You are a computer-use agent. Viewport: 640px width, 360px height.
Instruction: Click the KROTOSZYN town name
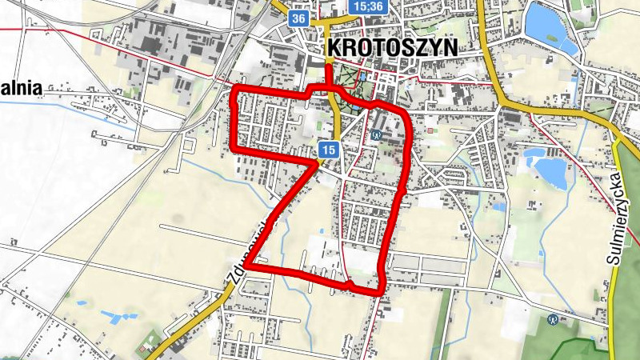pyautogui.click(x=392, y=48)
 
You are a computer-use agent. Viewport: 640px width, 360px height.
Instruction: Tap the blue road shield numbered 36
pyautogui.click(x=298, y=18)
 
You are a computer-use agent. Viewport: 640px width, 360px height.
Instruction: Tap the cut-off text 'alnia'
pyautogui.click(x=21, y=88)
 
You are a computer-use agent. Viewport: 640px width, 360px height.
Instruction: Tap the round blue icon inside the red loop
pyautogui.click(x=374, y=135)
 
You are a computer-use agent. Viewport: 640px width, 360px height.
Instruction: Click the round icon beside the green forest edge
pyautogui.click(x=552, y=319)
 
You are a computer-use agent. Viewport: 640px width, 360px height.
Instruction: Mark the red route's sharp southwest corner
pyautogui.click(x=246, y=265)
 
